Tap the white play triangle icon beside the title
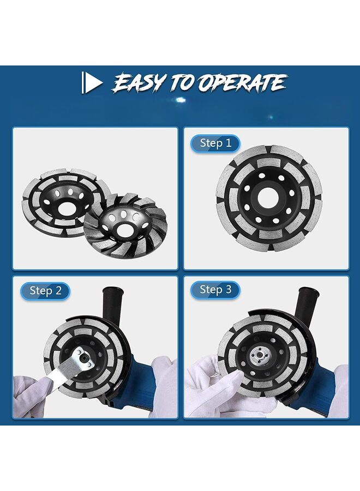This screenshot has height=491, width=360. point(92,83)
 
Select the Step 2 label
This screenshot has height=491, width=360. point(45,291)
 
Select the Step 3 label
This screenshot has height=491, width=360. point(215,290)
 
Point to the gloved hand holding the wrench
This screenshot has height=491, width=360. point(30,390)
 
